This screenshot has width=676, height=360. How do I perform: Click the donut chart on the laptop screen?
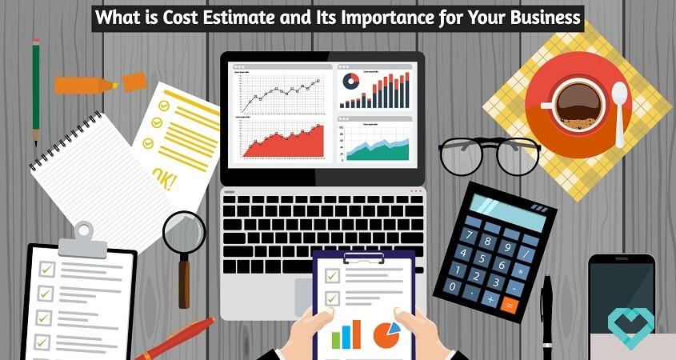pyautogui.click(x=351, y=81)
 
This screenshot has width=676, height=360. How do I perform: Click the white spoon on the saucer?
pyautogui.click(x=620, y=112)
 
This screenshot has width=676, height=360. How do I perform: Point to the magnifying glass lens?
pyautogui.click(x=185, y=231)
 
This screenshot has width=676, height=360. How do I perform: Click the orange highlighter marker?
pyautogui.click(x=100, y=83)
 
